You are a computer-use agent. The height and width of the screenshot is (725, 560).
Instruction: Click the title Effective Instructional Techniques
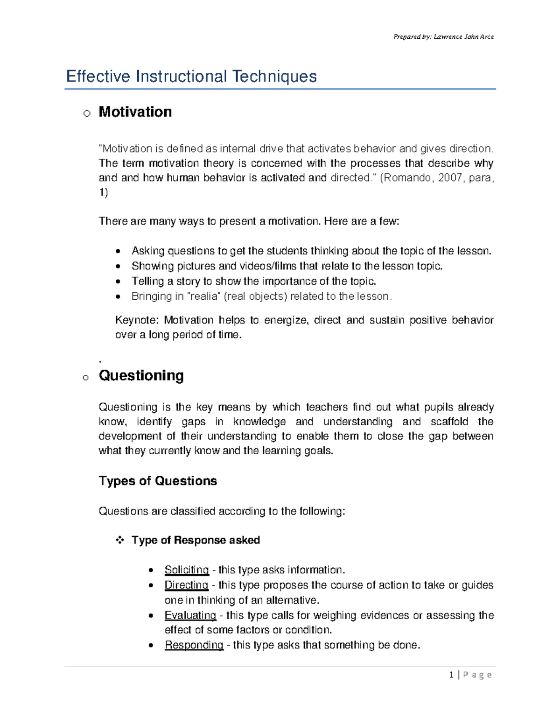point(191,77)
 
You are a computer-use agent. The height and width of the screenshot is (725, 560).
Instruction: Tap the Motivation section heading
point(135,112)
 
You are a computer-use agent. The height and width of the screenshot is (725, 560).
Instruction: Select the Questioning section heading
point(141,375)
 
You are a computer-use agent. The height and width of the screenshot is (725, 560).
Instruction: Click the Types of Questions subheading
point(158,481)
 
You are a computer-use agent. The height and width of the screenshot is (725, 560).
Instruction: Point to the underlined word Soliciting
point(186,570)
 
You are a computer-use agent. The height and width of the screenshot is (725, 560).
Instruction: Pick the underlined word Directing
point(186,585)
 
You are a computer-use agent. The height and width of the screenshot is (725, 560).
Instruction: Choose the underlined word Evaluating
point(190,615)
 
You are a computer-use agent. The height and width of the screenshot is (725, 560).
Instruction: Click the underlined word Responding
point(194,645)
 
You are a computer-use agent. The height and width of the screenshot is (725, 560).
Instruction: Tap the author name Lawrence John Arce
point(463,37)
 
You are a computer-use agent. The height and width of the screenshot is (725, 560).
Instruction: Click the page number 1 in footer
point(451,675)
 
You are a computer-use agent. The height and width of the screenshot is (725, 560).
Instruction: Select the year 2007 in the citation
point(450,178)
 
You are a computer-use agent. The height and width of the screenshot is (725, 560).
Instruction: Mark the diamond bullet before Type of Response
point(120,540)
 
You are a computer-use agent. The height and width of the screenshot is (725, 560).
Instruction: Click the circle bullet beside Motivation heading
point(86,113)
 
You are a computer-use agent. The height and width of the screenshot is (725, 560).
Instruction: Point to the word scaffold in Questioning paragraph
point(449,422)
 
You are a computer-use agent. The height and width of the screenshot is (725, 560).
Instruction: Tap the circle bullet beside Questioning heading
point(85,377)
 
